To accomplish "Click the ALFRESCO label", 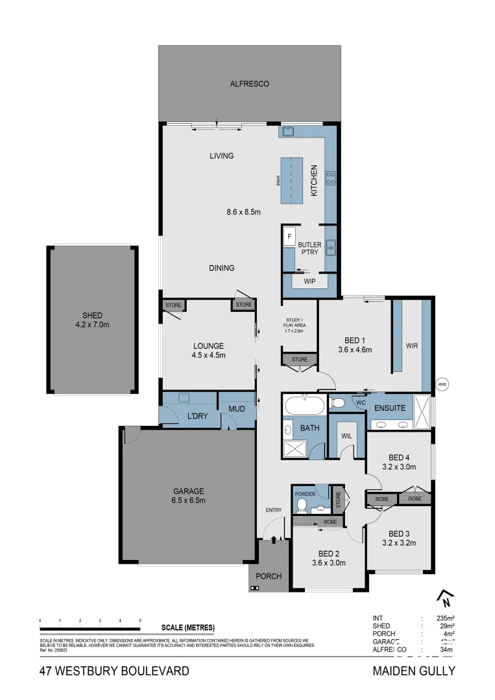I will pyautogui.click(x=249, y=84).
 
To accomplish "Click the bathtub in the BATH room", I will pyautogui.click(x=304, y=406).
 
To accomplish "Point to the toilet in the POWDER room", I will pyautogui.click(x=301, y=506).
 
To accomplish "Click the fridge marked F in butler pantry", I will pyautogui.click(x=289, y=237).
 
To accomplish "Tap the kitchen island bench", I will pyautogui.click(x=291, y=180).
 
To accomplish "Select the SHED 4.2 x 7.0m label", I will pyautogui.click(x=91, y=320).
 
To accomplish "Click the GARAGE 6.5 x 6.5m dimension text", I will pyautogui.click(x=188, y=500).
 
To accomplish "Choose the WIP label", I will pyautogui.click(x=310, y=282).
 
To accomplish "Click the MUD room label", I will pyautogui.click(x=236, y=410).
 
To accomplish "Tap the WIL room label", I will pyautogui.click(x=347, y=436).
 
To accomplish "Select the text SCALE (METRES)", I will pyautogui.click(x=187, y=628).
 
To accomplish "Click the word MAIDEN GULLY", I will pyautogui.click(x=413, y=671).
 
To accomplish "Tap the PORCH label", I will pyautogui.click(x=268, y=576).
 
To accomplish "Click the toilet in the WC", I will pyautogui.click(x=337, y=403).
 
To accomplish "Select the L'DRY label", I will pyautogui.click(x=197, y=415).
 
